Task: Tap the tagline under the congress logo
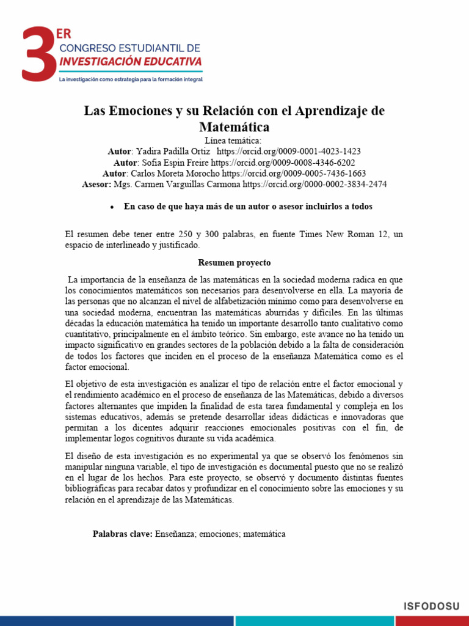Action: click(130, 79)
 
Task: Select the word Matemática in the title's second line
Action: click(234, 127)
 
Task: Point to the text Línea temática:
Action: click(234, 141)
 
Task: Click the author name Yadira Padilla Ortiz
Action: click(173, 152)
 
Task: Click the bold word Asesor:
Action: click(96, 184)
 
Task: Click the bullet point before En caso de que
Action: click(112, 207)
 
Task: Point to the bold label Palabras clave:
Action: click(122, 534)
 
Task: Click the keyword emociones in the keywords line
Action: click(219, 534)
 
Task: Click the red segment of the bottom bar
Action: click(116, 620)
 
